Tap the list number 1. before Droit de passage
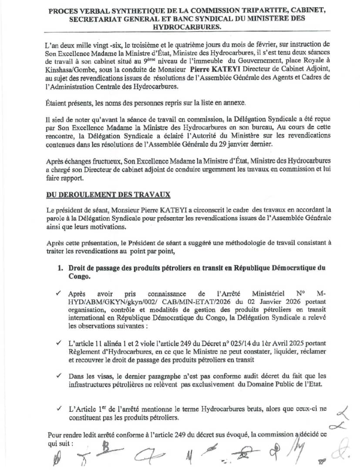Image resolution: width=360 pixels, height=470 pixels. [61, 268]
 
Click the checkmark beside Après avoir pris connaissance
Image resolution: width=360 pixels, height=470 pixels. [59, 294]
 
